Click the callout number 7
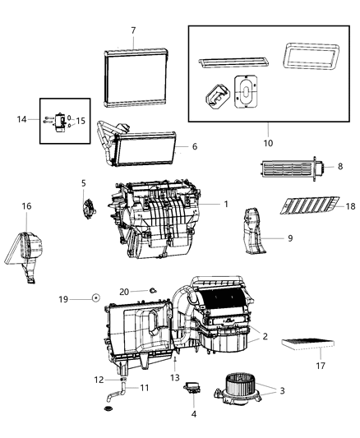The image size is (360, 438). click(132, 31)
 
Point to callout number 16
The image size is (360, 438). click(26, 206)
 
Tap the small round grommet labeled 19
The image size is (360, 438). click(96, 297)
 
